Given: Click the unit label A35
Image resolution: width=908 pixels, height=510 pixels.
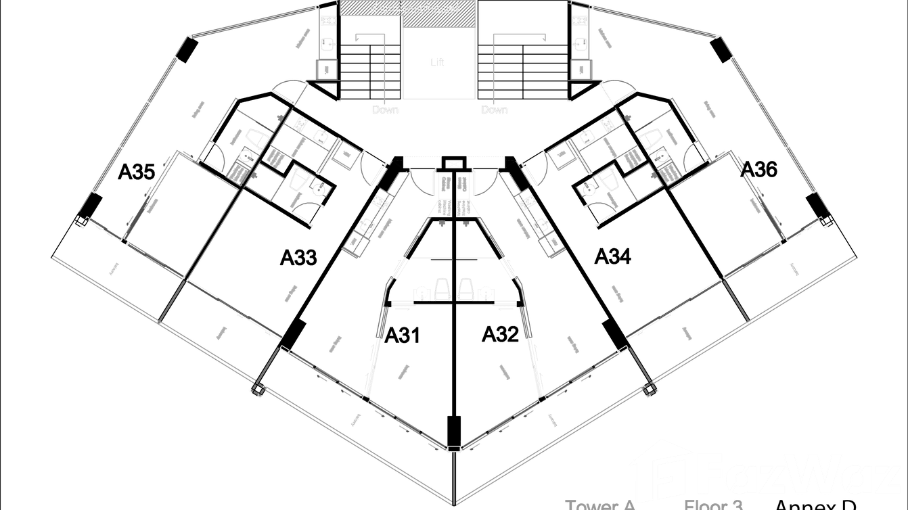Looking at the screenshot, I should click(x=137, y=171).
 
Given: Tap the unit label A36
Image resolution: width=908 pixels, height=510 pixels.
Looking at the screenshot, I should click(x=759, y=169).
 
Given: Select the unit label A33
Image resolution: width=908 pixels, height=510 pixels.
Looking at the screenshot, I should click(x=300, y=257).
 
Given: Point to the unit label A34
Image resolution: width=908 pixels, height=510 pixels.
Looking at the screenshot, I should click(x=613, y=256).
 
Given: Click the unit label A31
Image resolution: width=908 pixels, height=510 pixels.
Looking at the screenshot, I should click(x=403, y=335).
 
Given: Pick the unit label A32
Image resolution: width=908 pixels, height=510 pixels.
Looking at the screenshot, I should click(x=500, y=333).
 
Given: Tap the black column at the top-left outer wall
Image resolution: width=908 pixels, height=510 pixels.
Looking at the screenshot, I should click(x=187, y=49).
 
